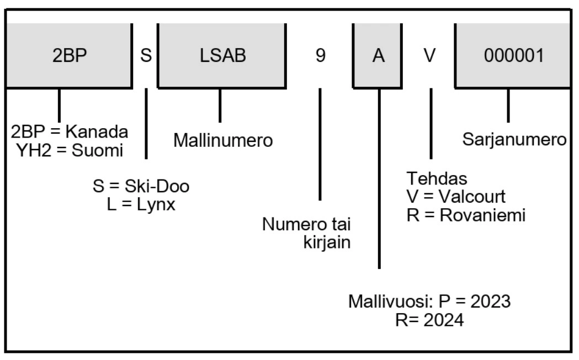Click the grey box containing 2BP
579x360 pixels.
coord(69,57)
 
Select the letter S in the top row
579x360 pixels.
coord(146,57)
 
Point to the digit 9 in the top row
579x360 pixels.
coord(320,57)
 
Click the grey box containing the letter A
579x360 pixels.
coord(378,57)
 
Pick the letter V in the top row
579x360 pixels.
coord(431,57)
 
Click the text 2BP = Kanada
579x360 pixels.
coord(70,133)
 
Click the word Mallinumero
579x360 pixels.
coord(223,141)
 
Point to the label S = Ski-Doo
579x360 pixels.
coord(141,187)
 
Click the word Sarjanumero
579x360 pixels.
coord(514,140)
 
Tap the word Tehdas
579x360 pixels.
coord(430,178)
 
